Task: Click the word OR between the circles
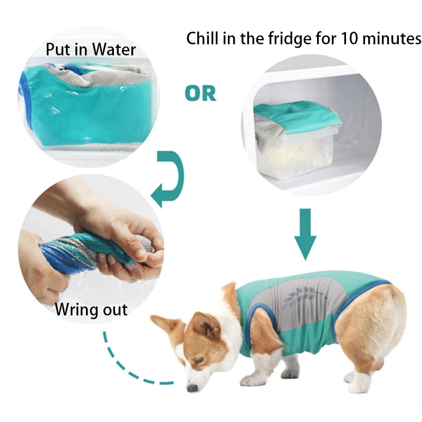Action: [x=200, y=93]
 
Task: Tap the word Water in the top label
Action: [x=114, y=50]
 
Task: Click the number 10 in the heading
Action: [x=349, y=39]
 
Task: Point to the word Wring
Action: [x=75, y=310]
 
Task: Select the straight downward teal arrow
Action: [x=305, y=234]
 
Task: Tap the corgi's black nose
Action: [x=192, y=388]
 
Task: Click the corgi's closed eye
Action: [x=199, y=361]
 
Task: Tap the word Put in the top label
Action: [x=58, y=50]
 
